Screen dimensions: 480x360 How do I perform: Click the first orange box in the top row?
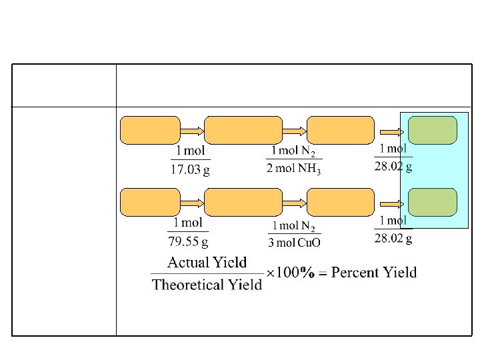click(150, 130)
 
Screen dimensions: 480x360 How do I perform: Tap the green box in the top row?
click(432, 130)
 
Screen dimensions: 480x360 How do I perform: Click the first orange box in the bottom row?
click(150, 202)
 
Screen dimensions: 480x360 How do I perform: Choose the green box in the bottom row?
click(432, 202)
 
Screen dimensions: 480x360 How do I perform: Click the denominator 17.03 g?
click(191, 169)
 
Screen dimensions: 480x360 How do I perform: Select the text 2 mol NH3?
click(293, 169)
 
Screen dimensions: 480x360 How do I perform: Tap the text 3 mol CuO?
click(293, 241)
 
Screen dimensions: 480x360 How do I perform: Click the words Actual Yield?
click(207, 263)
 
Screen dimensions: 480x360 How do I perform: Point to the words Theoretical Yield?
click(207, 285)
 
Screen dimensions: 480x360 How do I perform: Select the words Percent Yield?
click(374, 272)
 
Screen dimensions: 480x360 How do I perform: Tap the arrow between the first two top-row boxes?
click(192, 131)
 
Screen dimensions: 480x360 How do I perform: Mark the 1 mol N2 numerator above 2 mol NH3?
click(293, 153)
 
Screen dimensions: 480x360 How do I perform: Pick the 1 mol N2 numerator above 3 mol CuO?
click(293, 225)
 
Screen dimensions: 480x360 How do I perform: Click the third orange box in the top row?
click(341, 130)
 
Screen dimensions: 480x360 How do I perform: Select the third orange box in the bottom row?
click(341, 202)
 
